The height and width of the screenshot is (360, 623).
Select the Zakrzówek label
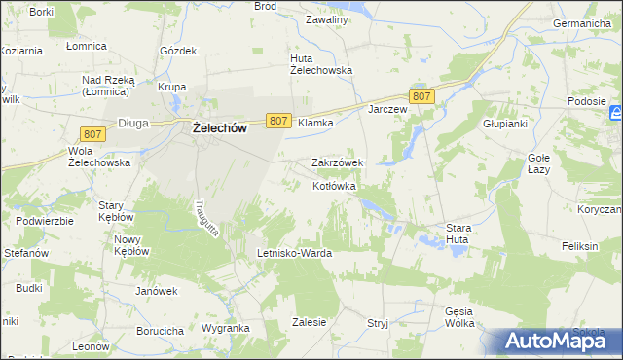coord(337,162)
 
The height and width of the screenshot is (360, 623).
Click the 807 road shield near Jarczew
coord(421,96)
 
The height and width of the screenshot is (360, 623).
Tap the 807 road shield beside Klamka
coord(277,121)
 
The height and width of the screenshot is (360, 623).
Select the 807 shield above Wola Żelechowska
coord(93,132)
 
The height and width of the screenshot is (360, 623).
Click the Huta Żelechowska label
coord(320,63)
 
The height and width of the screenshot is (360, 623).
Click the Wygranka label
coord(226,329)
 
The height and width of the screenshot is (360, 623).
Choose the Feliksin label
coord(578,247)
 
